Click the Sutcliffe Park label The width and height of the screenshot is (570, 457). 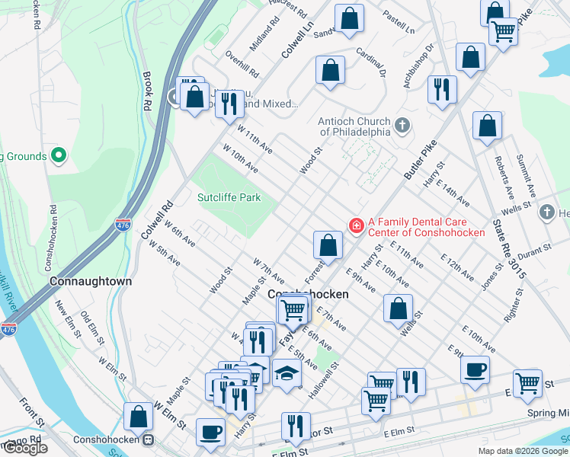coord(229,197)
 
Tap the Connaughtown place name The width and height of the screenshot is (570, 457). coord(91,281)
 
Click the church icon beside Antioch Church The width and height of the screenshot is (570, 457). coord(402,124)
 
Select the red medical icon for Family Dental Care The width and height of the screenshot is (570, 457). coord(355,225)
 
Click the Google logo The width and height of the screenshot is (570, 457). coord(26,449)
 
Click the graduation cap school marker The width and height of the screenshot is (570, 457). coord(287,373)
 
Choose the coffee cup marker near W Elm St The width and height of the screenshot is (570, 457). coord(210,431)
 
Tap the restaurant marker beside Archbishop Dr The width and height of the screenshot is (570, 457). coord(441,89)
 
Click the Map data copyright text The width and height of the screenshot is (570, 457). coord(522,451)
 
